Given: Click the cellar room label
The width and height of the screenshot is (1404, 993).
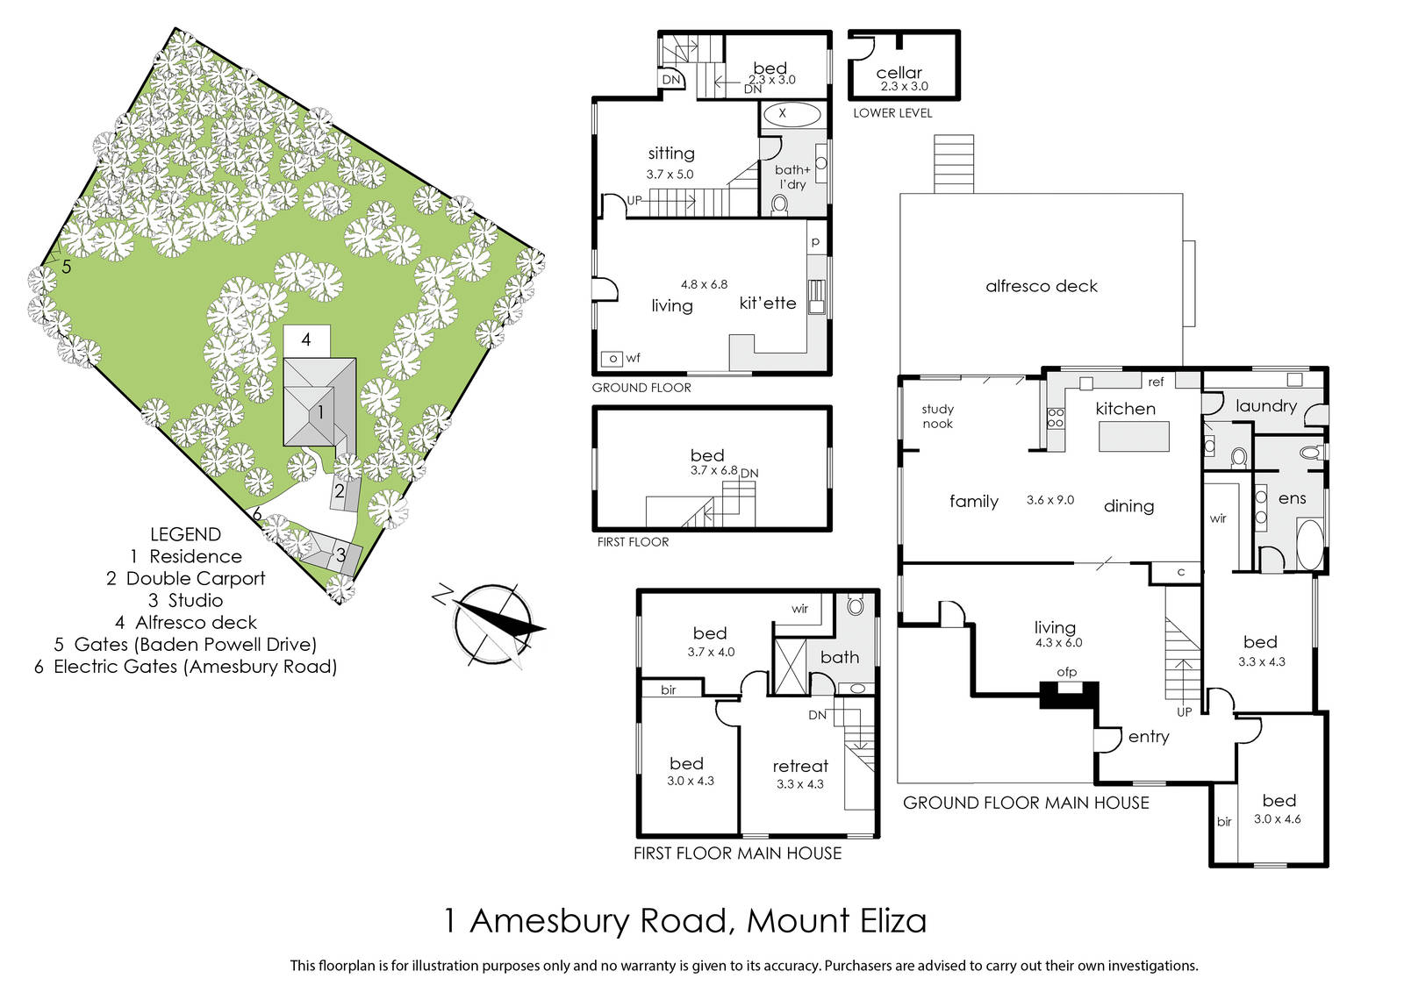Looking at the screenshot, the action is point(899,73).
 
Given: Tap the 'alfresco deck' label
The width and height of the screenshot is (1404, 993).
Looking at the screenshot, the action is point(1041,286).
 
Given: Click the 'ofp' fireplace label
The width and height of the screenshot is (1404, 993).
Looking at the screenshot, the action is point(1067,672).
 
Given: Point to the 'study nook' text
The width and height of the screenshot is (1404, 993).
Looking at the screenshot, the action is point(937,417).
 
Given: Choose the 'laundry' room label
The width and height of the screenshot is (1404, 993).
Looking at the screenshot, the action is point(1266,407).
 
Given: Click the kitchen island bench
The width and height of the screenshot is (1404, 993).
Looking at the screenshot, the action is point(1134,436).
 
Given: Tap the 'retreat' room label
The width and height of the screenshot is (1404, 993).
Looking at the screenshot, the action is point(800,766).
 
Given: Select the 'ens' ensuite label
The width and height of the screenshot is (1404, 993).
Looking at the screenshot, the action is point(1292,498).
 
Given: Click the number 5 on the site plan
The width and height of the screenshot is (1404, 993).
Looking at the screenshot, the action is point(67,267).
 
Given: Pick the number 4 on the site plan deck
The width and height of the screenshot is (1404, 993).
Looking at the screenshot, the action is point(306,339).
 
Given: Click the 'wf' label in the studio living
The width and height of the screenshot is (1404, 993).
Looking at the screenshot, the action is point(633,358).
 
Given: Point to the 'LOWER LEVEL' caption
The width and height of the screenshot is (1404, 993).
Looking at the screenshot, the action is point(892,113).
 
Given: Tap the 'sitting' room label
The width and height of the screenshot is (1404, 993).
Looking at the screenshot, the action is point(671,154).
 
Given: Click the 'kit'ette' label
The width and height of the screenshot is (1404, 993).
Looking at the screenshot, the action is point(768,304).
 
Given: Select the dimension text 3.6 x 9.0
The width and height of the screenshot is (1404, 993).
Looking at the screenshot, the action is point(1050,500).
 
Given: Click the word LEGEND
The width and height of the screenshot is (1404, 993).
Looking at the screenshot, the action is point(185,534).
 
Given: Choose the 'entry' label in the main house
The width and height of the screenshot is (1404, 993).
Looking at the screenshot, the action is point(1149,737).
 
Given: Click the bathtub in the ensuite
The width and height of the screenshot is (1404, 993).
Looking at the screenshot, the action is point(1308,543).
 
